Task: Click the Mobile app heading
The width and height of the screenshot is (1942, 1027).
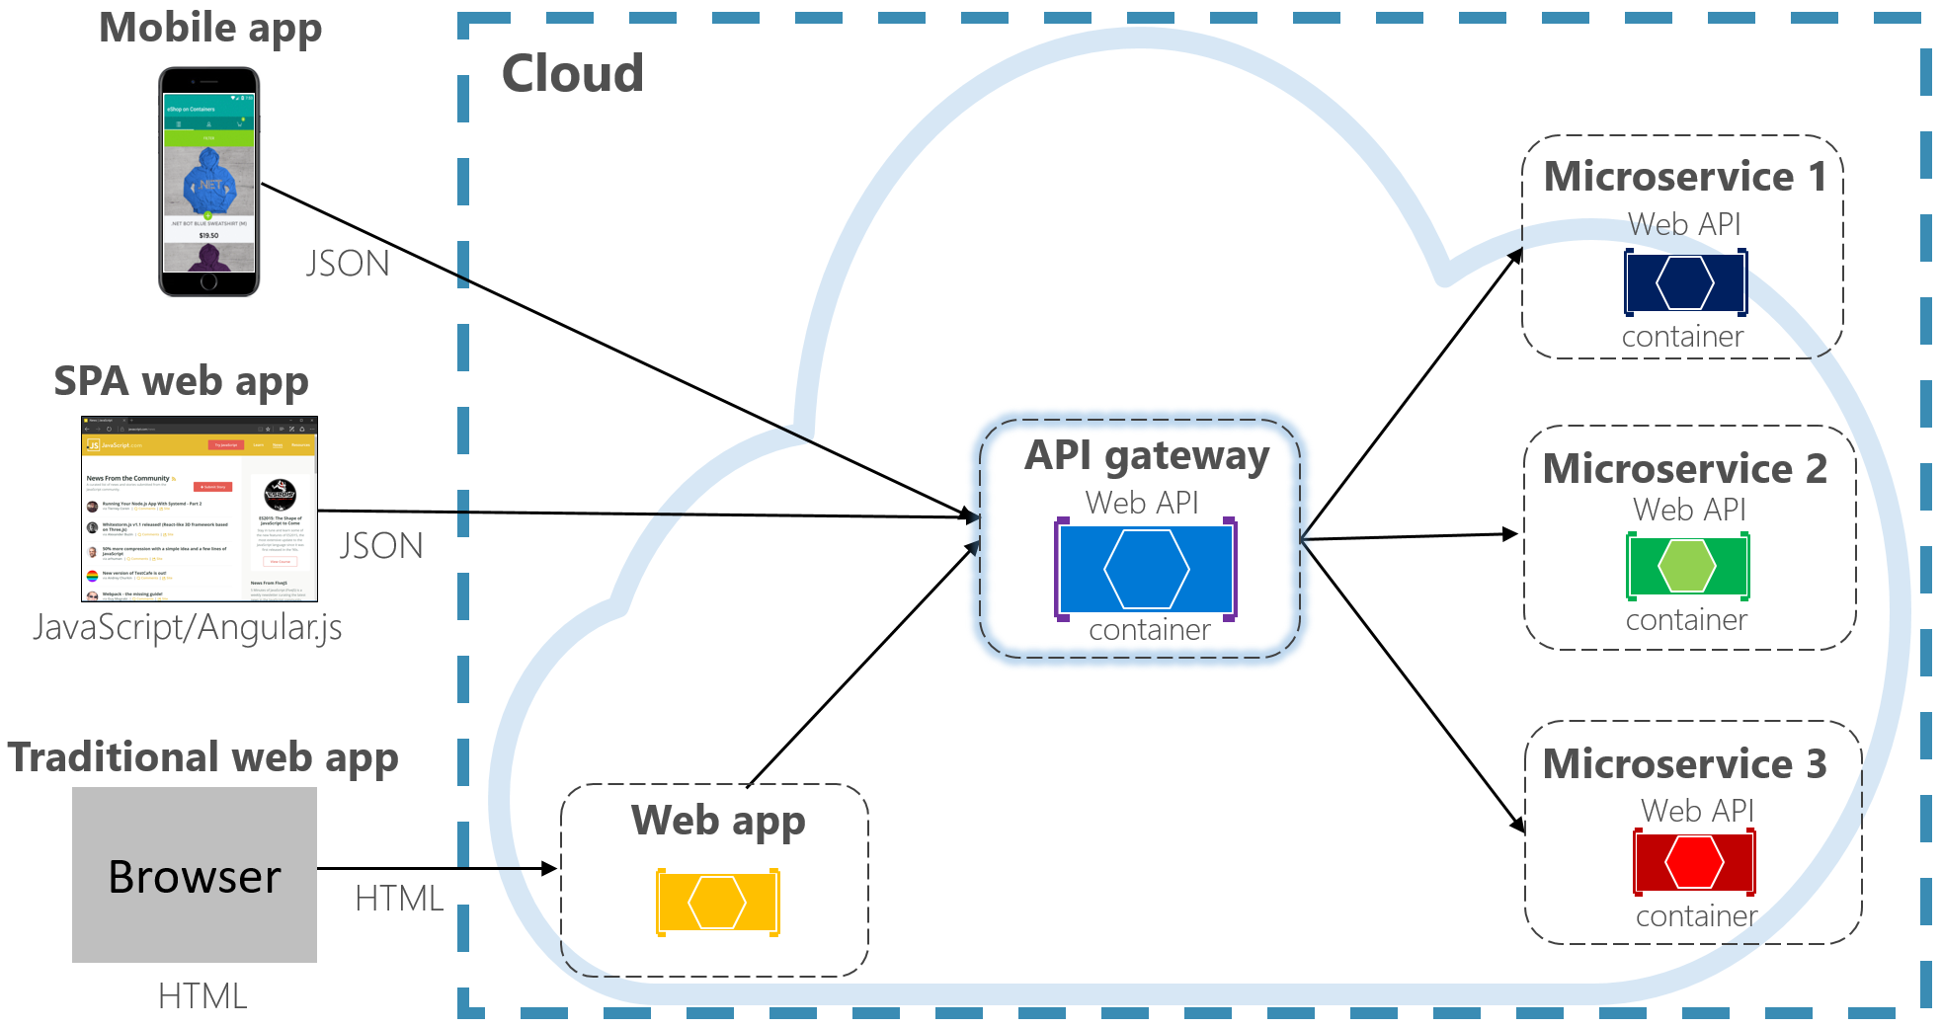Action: click(x=210, y=28)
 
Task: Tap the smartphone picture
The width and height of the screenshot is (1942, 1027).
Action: click(x=208, y=182)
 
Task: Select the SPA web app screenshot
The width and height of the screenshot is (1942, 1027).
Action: click(x=199, y=509)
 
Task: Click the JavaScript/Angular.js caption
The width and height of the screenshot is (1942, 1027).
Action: click(x=188, y=627)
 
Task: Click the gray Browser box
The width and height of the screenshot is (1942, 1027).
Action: click(x=195, y=875)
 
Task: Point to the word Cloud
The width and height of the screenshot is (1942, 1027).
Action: click(x=573, y=74)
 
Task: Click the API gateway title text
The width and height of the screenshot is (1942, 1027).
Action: click(x=1147, y=456)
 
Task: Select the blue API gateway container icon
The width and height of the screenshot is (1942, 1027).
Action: click(x=1146, y=569)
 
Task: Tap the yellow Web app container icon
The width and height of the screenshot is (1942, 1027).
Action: click(x=718, y=902)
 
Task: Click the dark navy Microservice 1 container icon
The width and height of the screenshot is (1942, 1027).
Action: click(x=1685, y=282)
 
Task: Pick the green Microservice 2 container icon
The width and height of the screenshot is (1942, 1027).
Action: click(x=1687, y=566)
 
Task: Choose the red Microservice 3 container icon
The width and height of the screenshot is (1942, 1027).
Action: click(x=1694, y=862)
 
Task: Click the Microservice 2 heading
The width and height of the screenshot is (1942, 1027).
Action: click(x=1685, y=469)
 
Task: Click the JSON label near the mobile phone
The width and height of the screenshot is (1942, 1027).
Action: click(x=348, y=264)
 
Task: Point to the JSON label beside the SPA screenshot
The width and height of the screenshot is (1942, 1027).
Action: click(x=381, y=546)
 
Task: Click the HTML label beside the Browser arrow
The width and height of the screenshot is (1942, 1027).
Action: click(x=399, y=899)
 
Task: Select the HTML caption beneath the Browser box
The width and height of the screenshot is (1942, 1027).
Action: click(x=202, y=996)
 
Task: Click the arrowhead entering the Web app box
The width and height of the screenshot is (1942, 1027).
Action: click(x=550, y=868)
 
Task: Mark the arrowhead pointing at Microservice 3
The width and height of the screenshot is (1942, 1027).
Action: click(x=1518, y=826)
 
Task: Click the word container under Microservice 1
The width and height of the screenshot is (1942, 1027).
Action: click(x=1682, y=337)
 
